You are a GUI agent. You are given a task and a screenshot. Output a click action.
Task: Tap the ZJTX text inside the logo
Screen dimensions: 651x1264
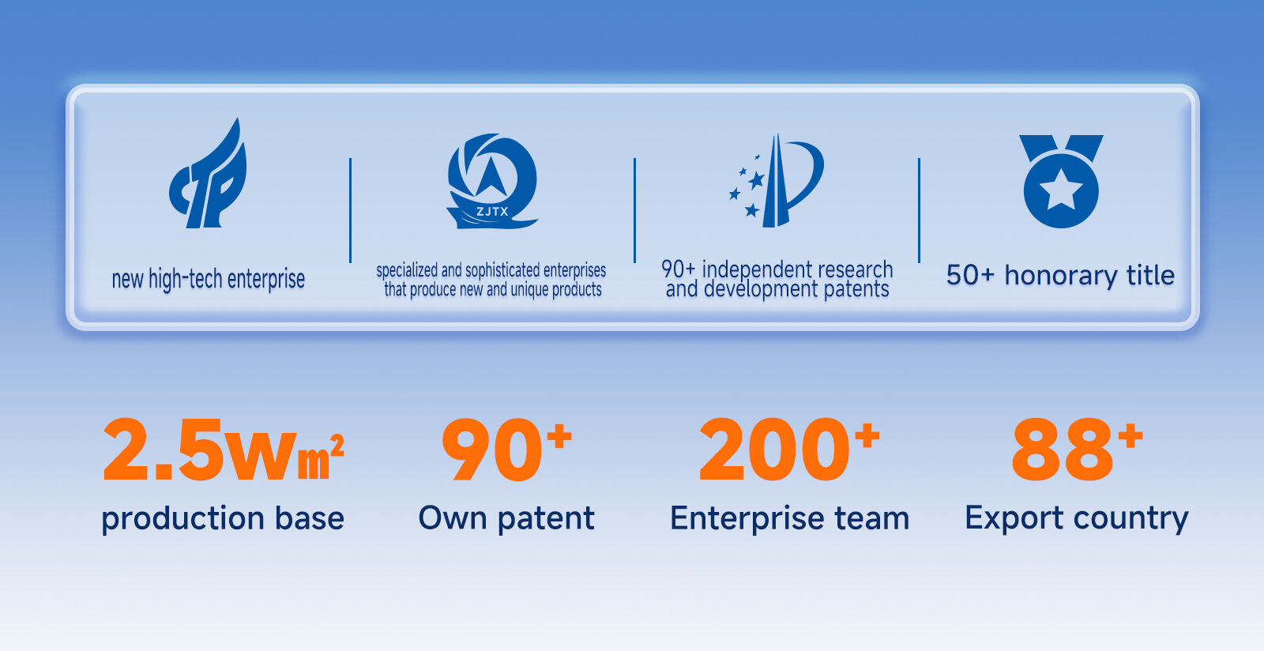click(x=492, y=212)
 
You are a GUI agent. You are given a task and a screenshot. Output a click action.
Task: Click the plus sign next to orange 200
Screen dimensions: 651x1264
click(x=867, y=435)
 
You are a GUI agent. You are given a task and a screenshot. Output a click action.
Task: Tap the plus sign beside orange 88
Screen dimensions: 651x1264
click(x=1130, y=435)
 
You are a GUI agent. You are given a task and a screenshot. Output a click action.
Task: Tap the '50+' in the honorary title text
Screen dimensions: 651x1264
click(x=969, y=275)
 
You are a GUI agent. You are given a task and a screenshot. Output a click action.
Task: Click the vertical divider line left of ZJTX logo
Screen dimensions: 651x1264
click(x=350, y=210)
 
